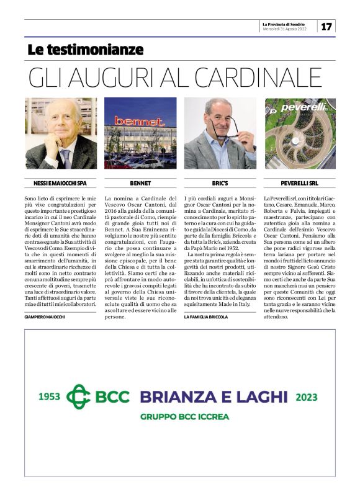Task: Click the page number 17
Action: point(326,26)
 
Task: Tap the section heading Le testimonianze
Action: point(85,50)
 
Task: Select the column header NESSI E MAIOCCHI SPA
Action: point(60,184)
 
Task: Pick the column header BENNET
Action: point(140,184)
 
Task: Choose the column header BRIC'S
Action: point(220,184)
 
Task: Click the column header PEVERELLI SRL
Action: point(300,184)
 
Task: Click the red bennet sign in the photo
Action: point(137,120)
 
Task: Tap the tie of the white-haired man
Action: point(65,158)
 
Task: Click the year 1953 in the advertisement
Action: point(49,396)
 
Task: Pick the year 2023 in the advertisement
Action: point(306,396)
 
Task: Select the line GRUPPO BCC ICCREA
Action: point(184,417)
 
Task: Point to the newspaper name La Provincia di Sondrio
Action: point(288,23)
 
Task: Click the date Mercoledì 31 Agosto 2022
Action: point(286,29)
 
